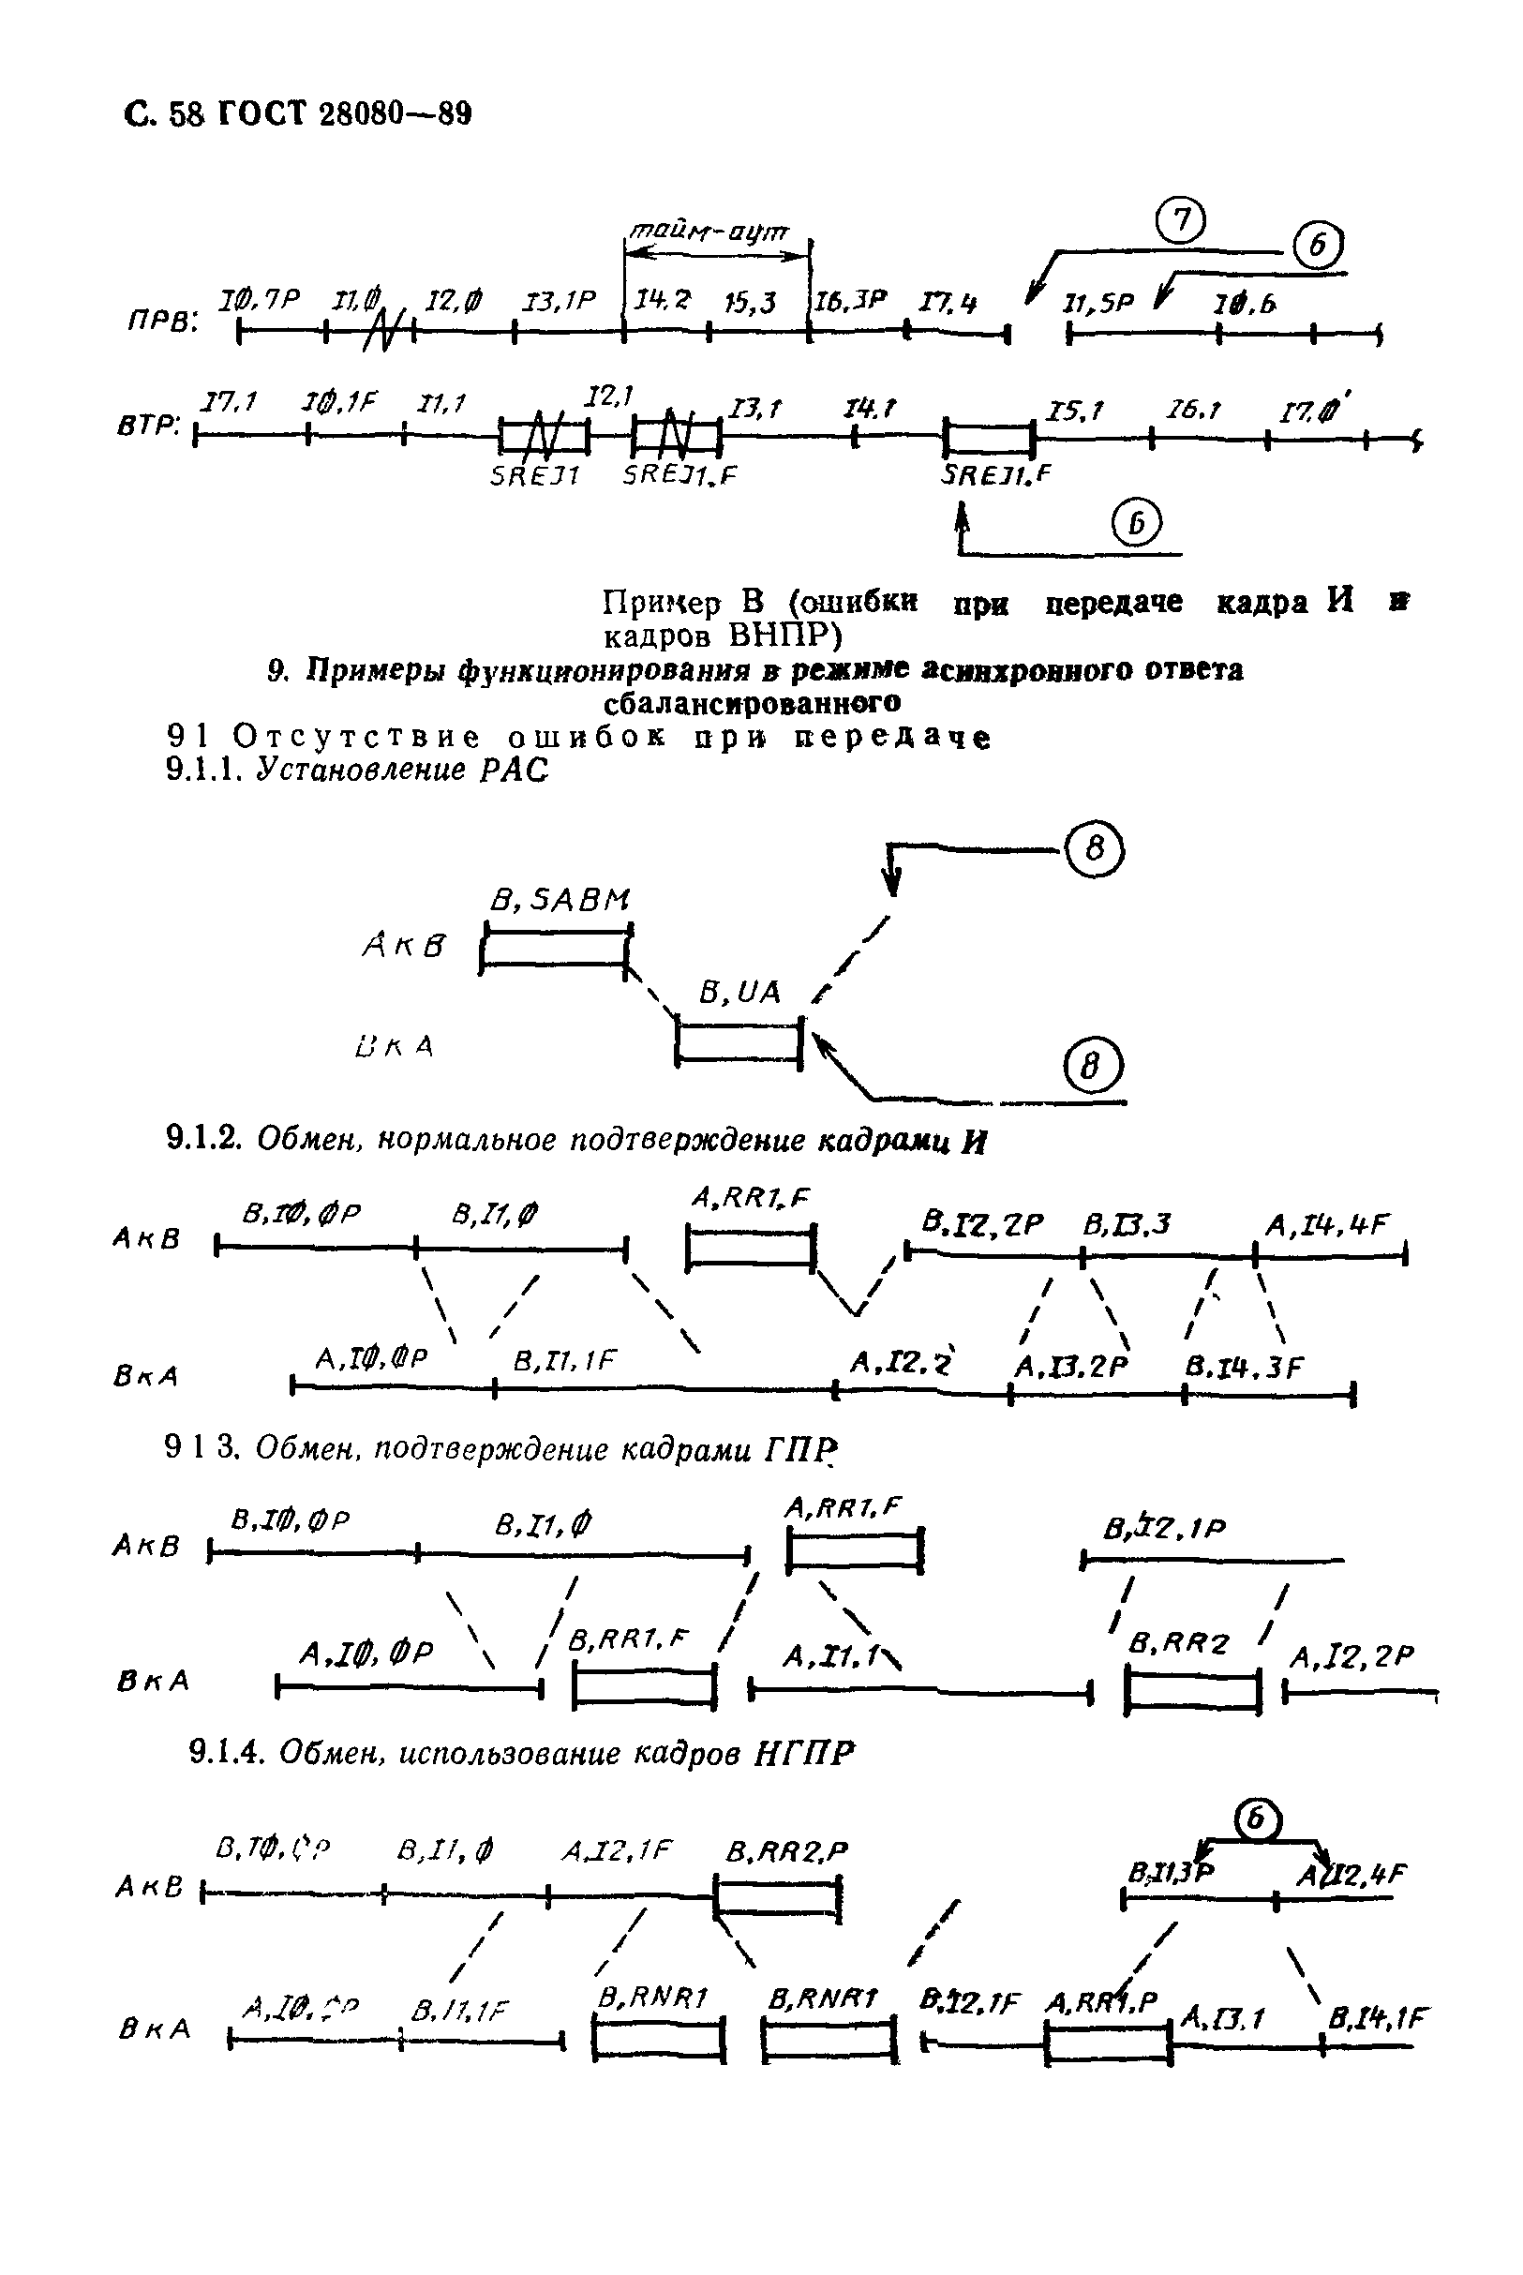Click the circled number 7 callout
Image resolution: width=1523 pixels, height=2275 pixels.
click(1181, 220)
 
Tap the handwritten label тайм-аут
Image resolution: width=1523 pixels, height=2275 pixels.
click(710, 232)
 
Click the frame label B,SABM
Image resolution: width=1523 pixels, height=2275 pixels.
click(560, 901)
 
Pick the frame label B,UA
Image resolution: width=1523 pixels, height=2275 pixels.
click(740, 992)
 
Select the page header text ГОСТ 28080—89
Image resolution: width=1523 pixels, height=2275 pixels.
click(342, 114)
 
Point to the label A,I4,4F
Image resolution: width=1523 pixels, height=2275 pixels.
click(1329, 1226)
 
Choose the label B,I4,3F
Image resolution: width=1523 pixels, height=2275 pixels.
click(1244, 1368)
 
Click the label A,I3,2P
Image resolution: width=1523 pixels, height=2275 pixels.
click(1071, 1368)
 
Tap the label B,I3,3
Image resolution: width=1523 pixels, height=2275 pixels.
click(1127, 1226)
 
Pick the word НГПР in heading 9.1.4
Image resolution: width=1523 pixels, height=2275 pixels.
click(805, 1754)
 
